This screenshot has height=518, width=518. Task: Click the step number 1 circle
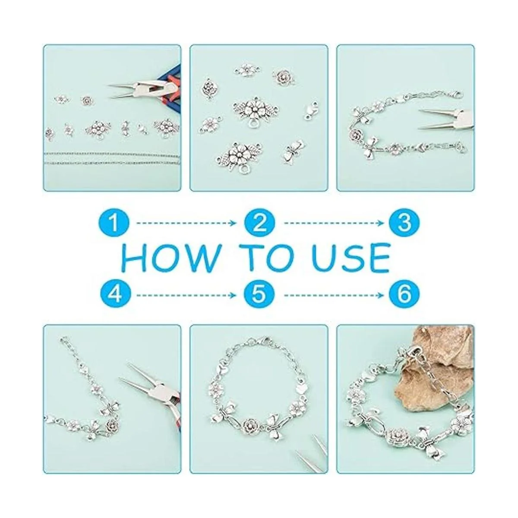(114, 222)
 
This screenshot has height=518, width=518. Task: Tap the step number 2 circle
(259, 222)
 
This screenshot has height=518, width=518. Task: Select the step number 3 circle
(404, 222)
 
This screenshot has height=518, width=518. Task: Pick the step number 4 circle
(114, 295)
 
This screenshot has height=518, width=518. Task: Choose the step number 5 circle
(259, 295)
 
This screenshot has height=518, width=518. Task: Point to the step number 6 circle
(404, 295)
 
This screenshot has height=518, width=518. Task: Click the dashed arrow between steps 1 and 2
(186, 223)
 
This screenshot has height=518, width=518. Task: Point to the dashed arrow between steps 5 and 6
(334, 295)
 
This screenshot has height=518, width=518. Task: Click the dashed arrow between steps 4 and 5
(186, 295)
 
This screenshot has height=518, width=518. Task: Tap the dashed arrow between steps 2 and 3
(334, 223)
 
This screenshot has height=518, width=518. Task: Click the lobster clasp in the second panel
(312, 111)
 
